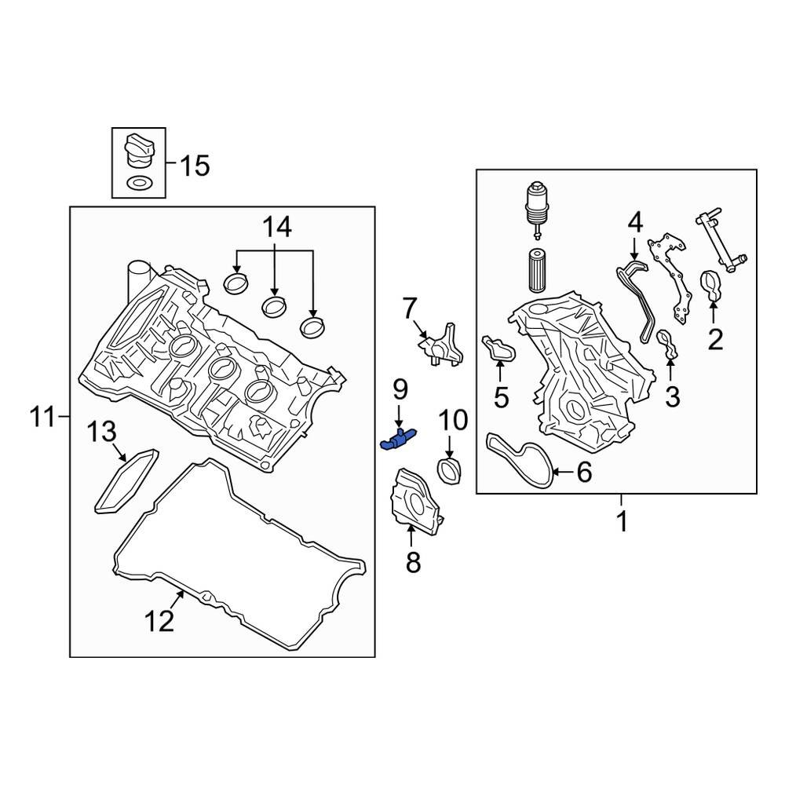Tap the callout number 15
(x=194, y=166)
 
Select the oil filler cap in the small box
(x=138, y=150)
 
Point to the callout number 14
(x=276, y=228)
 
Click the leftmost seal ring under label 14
(x=235, y=283)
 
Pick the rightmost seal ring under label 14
(x=313, y=323)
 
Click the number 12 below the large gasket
(x=158, y=622)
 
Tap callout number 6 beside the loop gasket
(x=583, y=473)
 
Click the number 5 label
(x=502, y=397)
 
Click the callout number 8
(x=413, y=561)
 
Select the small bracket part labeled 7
(x=439, y=345)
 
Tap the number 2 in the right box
(x=714, y=340)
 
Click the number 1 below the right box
(x=622, y=521)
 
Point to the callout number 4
(x=634, y=223)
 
